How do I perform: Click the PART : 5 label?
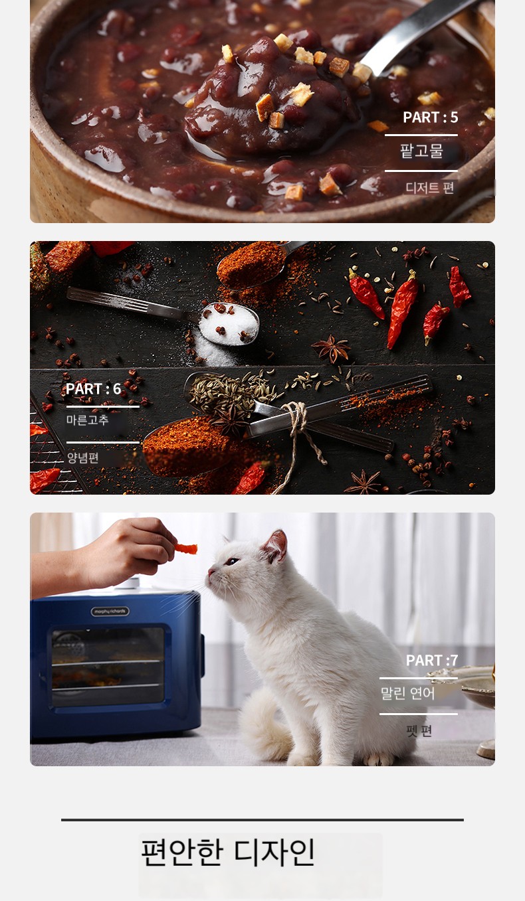[x=431, y=118]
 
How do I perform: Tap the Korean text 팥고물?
[x=421, y=151]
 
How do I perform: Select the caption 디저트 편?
[x=429, y=187]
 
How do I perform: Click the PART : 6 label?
[x=94, y=389]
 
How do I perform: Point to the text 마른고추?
[x=87, y=420]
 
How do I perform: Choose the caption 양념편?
[x=83, y=457]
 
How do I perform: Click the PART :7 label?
[x=431, y=660]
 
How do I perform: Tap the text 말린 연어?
[x=407, y=693]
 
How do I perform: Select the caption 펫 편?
[x=419, y=730]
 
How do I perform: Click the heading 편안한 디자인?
[x=227, y=852]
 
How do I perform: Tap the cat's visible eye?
[x=232, y=561]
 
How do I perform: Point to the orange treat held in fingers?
[x=186, y=548]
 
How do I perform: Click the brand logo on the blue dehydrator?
[x=110, y=612]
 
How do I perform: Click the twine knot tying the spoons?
[x=296, y=416]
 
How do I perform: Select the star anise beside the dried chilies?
[x=332, y=349]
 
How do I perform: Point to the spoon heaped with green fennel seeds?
[x=225, y=392]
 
